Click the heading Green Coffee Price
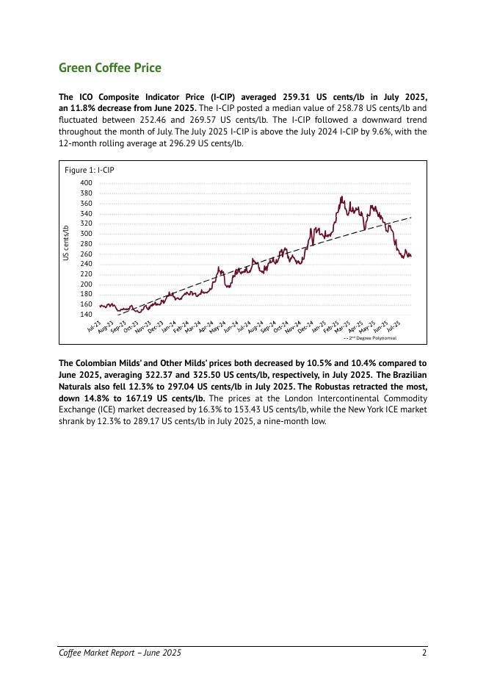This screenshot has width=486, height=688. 109,68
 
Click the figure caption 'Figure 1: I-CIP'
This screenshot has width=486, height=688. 90,170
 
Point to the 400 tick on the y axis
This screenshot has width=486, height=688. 87,183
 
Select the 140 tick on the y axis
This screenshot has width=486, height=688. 87,315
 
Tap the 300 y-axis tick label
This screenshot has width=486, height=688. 87,234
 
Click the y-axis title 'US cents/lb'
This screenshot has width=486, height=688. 66,243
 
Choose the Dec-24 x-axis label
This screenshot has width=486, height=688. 305,327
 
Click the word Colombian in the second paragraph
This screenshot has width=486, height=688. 100,362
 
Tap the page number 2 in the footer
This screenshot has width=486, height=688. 424,653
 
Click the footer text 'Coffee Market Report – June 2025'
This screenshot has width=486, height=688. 120,653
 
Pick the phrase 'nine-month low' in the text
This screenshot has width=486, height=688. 296,421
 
